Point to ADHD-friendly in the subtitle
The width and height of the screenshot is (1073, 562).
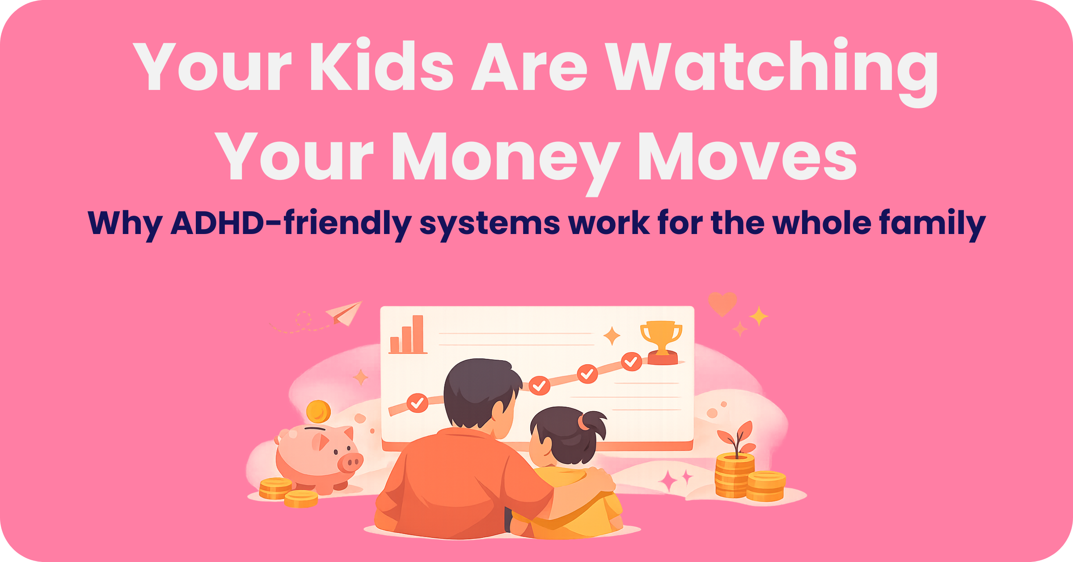tap(291, 223)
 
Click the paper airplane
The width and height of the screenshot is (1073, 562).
tap(344, 313)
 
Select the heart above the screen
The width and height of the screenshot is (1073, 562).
tap(722, 304)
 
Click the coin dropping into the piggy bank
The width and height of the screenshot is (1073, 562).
tap(318, 412)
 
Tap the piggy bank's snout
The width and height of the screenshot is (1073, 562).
tap(350, 462)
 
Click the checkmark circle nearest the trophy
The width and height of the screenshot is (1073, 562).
tap(631, 362)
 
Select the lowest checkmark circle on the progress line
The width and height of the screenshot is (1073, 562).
tap(418, 403)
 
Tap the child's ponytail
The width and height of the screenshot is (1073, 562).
tap(593, 425)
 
